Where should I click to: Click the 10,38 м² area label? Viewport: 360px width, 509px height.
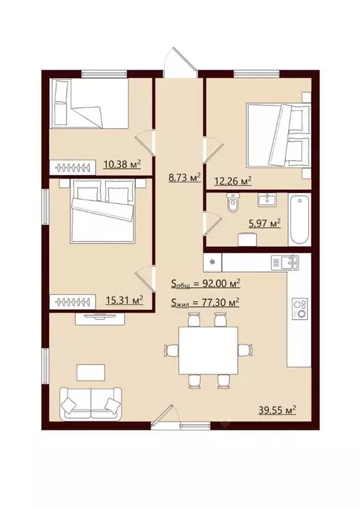coord(122,165)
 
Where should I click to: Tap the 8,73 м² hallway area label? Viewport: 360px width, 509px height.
coord(185,178)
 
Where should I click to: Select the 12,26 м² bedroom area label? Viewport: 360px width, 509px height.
coord(233,181)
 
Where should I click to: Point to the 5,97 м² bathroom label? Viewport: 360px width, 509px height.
coord(264,223)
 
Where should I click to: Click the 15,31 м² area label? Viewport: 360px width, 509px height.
coord(124,300)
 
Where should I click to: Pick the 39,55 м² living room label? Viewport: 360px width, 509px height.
coord(277,409)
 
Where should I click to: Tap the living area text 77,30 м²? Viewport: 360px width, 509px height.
coord(221,303)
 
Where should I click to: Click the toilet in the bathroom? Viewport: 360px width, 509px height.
coord(233,202)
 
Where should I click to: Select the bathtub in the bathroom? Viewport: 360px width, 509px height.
coord(299,220)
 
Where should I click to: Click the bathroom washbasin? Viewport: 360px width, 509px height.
coord(267,200)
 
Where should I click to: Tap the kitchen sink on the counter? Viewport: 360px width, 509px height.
coord(285,262)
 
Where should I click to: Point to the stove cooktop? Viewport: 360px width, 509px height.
coord(300,309)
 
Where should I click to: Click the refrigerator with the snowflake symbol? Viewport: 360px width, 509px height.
coord(213,263)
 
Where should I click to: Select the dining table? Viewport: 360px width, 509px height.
coord(209,350)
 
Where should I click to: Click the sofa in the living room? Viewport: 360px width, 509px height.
coord(90,403)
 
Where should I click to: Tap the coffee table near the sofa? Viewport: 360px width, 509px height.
coord(91,372)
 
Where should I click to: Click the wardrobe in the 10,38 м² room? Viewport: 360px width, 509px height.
coord(72,167)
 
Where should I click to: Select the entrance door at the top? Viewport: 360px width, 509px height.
coord(180,62)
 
